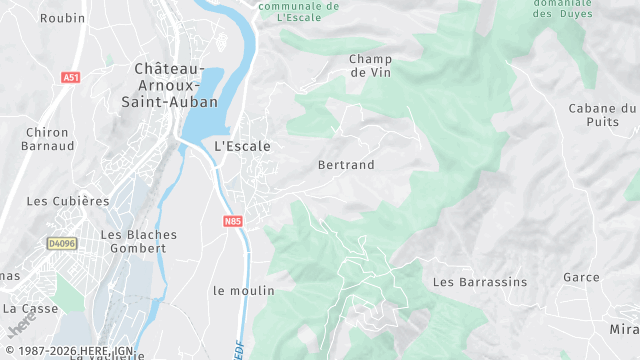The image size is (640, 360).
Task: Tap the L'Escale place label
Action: click(242, 146)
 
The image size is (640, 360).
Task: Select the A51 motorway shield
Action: click(70, 77)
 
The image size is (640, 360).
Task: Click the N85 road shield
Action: click(233, 221)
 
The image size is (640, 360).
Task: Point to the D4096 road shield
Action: click(62, 243)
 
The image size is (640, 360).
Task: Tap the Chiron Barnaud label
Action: click(47, 139)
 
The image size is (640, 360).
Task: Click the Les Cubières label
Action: click(68, 201)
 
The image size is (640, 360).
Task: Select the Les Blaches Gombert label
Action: click(139, 241)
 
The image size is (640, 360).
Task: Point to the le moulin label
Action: click(243, 291)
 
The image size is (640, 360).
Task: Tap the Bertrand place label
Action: click(345, 165)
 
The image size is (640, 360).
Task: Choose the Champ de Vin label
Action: click(370, 65)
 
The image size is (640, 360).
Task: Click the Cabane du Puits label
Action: click(602, 115)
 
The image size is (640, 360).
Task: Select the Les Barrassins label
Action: click(479, 282)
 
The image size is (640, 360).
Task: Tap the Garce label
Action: click(580, 277)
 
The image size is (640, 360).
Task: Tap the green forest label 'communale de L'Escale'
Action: click(299, 11)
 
